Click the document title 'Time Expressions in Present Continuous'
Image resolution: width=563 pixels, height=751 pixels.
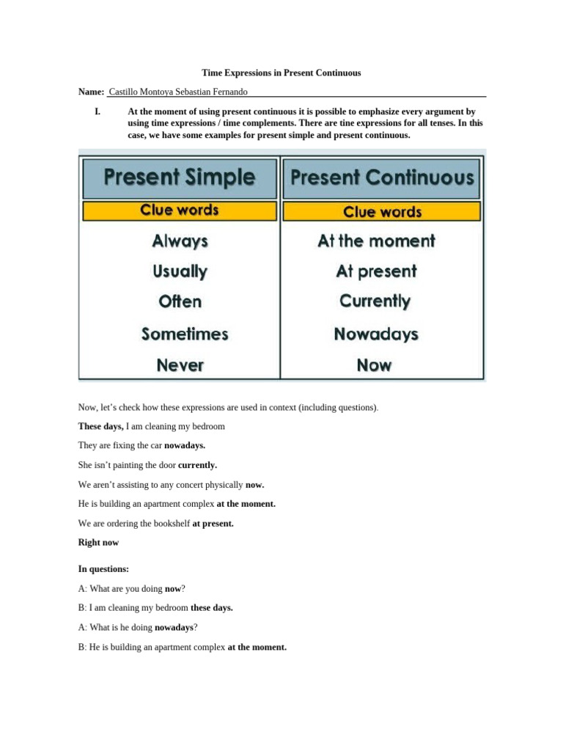coord(281,73)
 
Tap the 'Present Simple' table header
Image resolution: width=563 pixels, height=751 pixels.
coord(180,177)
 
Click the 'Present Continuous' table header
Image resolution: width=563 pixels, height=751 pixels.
coord(382,177)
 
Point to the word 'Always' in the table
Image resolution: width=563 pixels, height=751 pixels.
coord(180,241)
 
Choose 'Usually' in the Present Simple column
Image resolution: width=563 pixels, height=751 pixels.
coord(180,271)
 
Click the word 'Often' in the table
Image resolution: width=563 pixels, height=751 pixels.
coord(180,301)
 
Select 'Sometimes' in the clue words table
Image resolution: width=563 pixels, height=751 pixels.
coord(185,334)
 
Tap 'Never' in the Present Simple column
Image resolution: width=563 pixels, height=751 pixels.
coord(180,364)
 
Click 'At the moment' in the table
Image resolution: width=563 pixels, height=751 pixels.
coord(376,241)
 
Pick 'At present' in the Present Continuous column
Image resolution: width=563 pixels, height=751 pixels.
coord(376,271)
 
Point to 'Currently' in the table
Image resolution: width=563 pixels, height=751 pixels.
coord(375,301)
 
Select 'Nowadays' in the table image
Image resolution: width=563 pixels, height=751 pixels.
coord(376,334)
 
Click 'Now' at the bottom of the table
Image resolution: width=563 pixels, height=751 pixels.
coord(374,364)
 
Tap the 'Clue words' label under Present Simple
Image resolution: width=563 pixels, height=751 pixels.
coord(180,210)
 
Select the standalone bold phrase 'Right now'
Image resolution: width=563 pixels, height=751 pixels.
coord(98,543)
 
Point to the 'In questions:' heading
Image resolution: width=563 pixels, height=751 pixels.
coord(103,569)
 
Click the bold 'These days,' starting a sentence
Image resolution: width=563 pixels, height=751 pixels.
coord(101,426)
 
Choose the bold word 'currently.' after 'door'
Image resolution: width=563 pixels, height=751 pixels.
coord(197,465)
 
